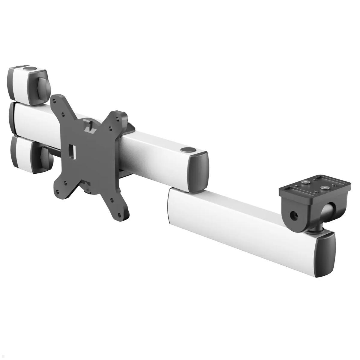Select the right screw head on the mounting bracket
coord(324,187)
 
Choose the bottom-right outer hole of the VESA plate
coord(120,215)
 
